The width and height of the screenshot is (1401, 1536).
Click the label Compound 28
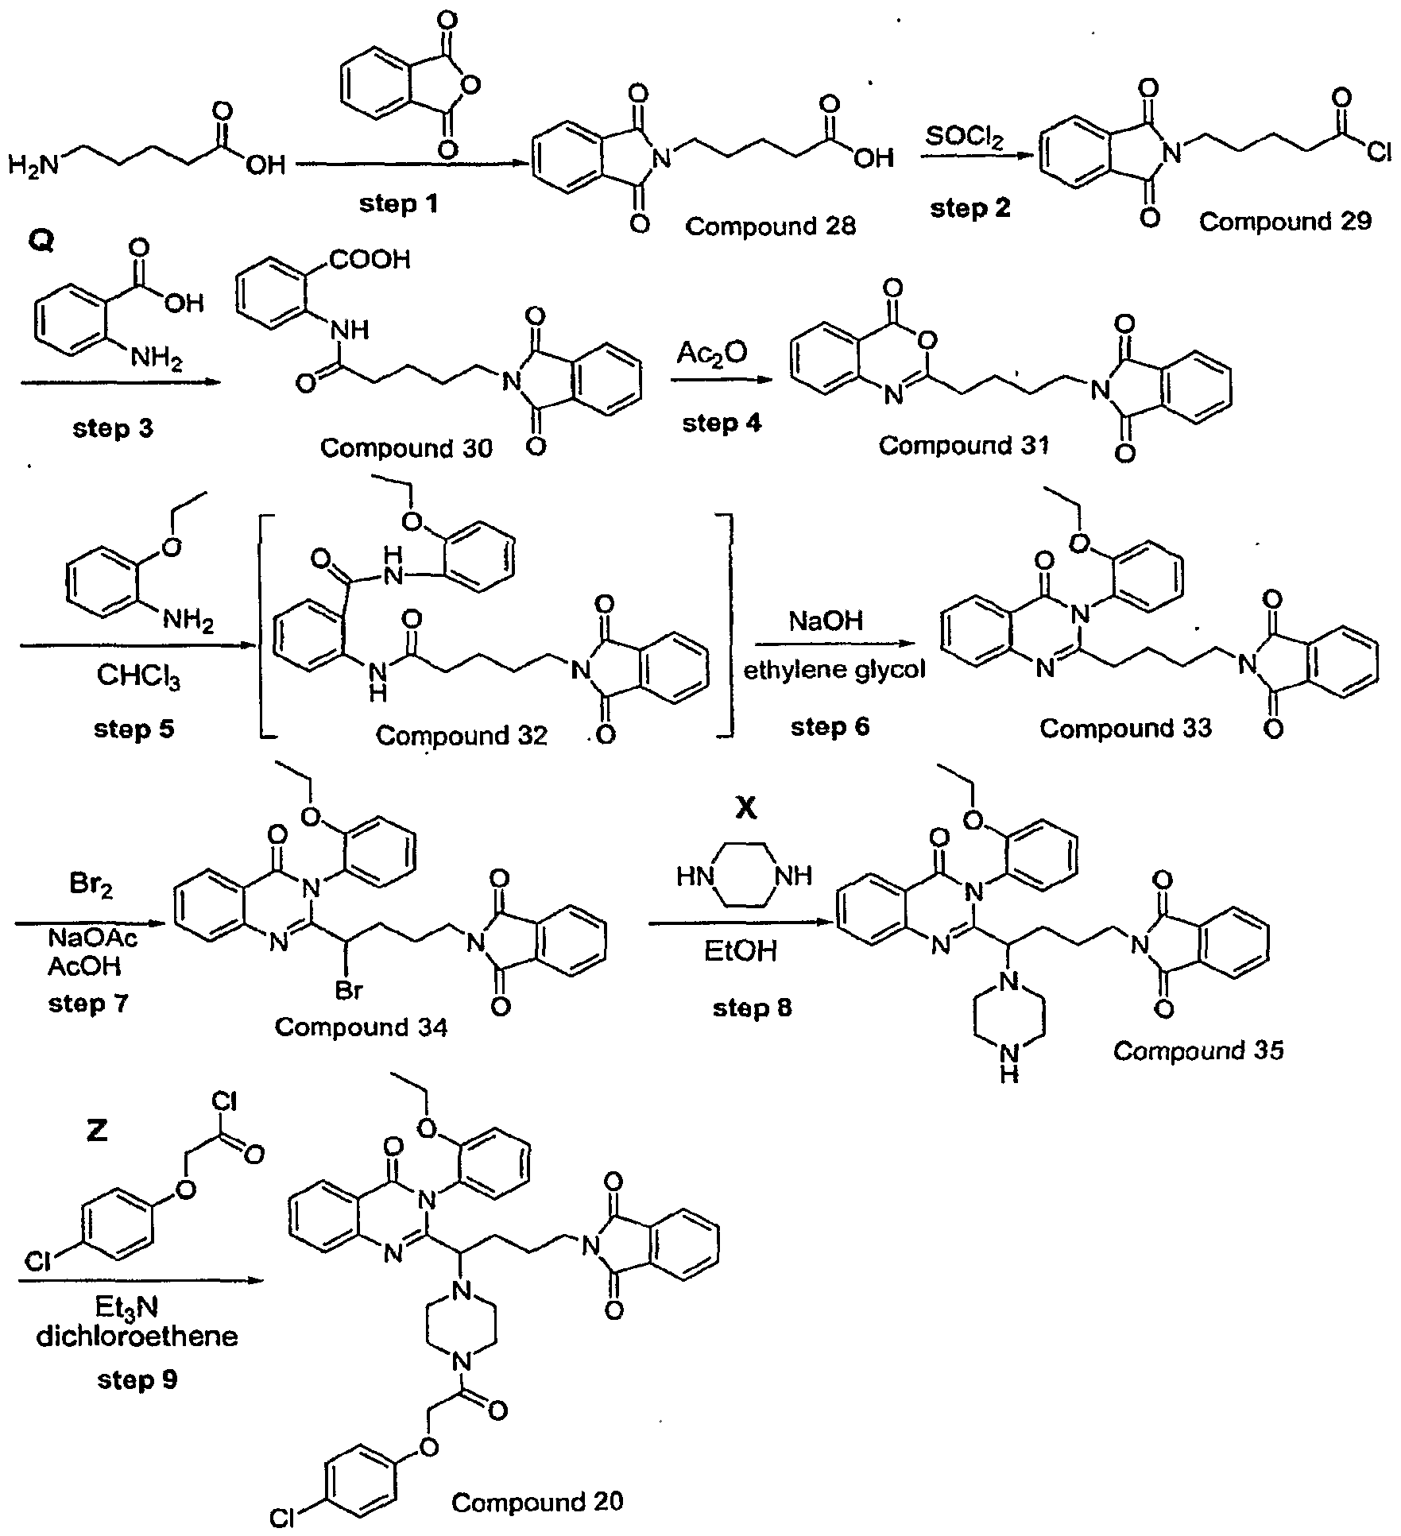point(770,226)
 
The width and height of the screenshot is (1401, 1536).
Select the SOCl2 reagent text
point(965,138)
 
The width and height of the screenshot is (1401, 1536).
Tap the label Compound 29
point(1285,222)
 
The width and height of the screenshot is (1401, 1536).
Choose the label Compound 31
point(963,445)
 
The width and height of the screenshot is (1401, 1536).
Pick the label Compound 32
point(462,736)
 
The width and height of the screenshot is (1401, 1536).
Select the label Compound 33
point(1125,728)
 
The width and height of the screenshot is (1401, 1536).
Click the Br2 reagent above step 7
point(91,885)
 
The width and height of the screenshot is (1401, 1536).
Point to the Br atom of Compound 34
point(349,990)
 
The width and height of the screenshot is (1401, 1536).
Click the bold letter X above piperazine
point(746,809)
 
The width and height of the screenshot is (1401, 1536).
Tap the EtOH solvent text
point(740,950)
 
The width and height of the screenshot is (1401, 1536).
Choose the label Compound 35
point(1198,1051)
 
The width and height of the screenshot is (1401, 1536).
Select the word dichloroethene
point(137,1336)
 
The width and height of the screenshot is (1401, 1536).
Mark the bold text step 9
point(137,1380)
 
